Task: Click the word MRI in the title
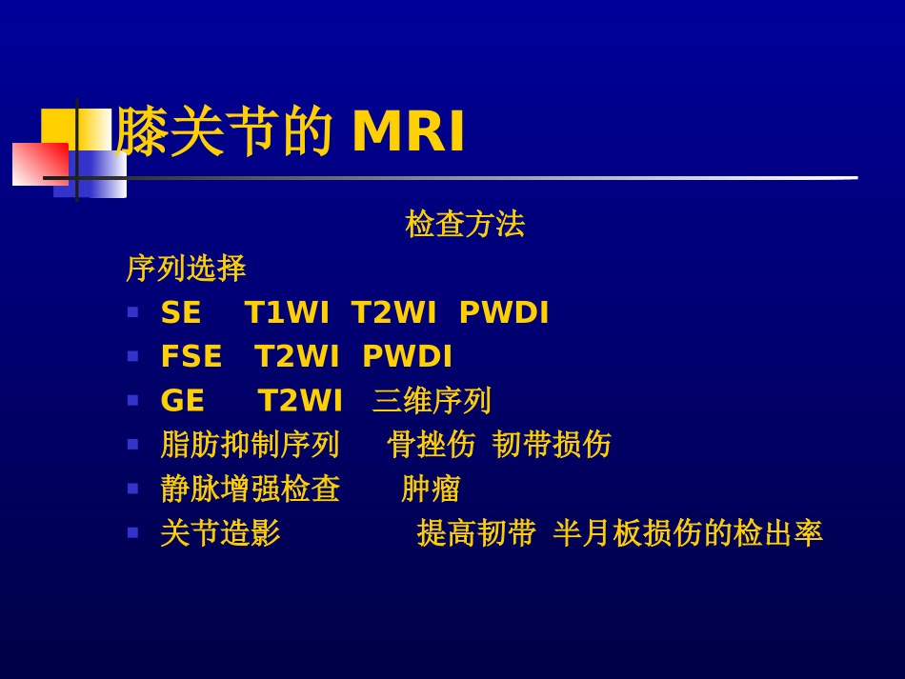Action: pos(409,132)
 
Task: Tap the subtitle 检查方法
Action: pos(465,225)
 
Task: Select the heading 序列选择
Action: pos(186,269)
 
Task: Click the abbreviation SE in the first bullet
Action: pos(181,313)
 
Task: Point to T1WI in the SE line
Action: pos(287,313)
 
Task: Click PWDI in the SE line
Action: pos(504,313)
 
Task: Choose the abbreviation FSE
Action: pos(191,357)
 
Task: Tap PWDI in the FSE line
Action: pos(408,357)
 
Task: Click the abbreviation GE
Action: pos(183,401)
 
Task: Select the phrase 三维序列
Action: pos(432,401)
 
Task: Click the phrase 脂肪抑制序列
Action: pos(250,445)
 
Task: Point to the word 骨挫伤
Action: pos(432,445)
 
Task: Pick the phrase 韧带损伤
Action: pos(552,445)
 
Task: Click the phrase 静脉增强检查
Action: pos(250,489)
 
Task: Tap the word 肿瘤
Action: pos(431,489)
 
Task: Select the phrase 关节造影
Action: pos(220,533)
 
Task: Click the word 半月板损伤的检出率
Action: pos(688,533)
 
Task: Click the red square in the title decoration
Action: pos(38,164)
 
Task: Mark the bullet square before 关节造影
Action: pos(132,532)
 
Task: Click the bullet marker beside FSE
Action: pos(132,356)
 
